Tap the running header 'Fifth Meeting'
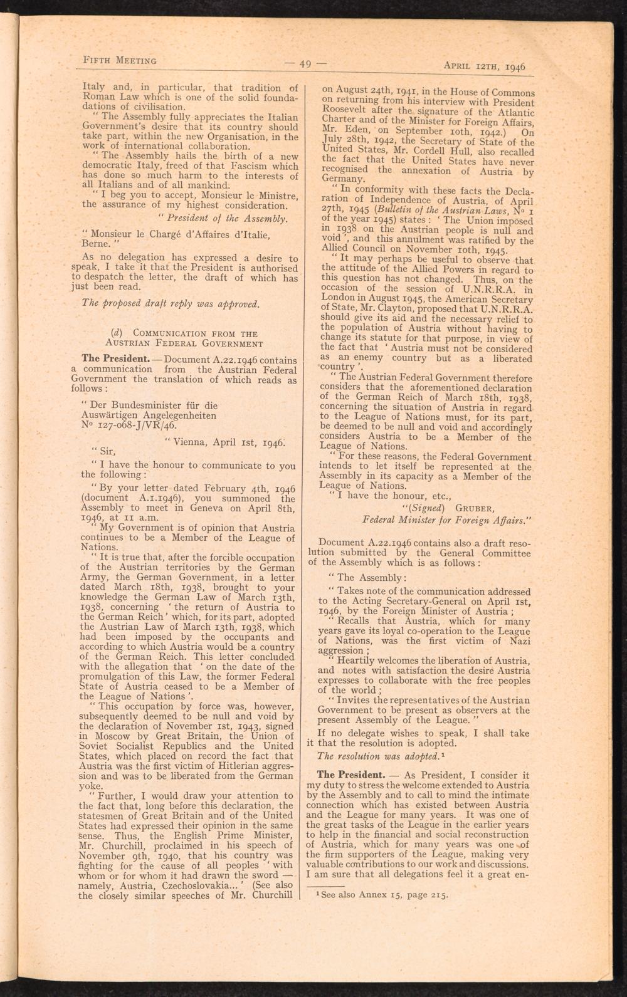tap(120, 60)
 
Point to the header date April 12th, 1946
tap(484, 65)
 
